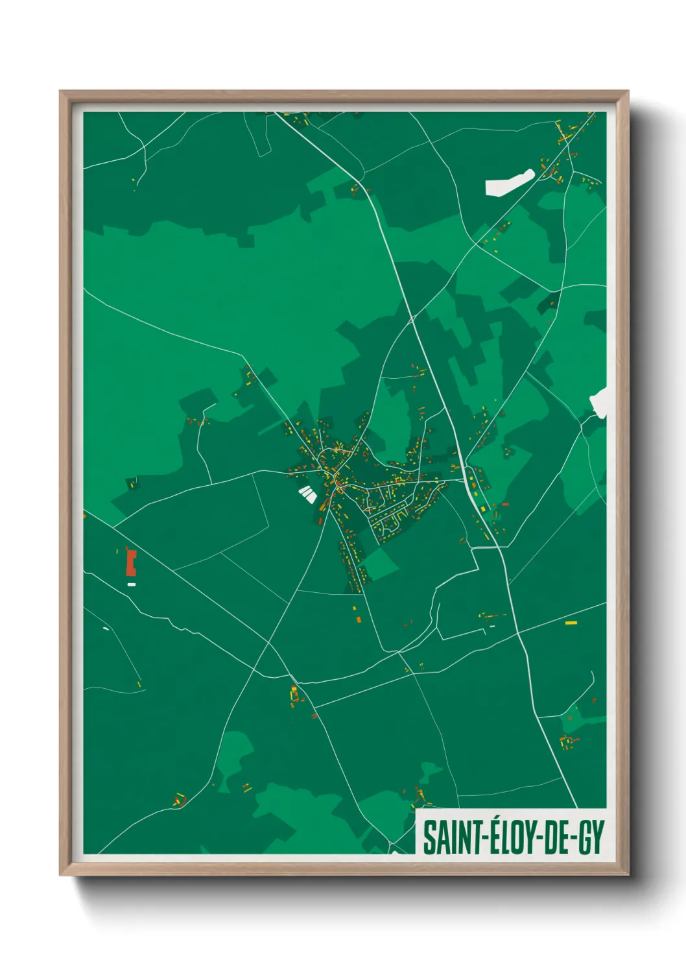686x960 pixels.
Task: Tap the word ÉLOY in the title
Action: click(507, 837)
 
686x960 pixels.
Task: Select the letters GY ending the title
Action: click(591, 837)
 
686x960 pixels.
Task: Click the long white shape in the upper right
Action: click(510, 182)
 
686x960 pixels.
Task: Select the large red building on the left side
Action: click(131, 562)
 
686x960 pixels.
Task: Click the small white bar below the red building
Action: click(132, 584)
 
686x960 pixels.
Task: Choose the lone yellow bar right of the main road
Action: click(571, 623)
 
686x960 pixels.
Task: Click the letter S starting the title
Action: click(429, 837)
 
